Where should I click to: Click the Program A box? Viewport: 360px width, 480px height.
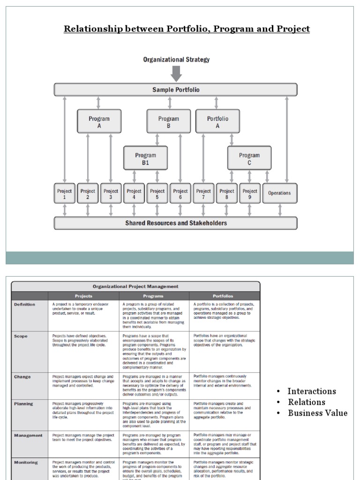click(x=99, y=122)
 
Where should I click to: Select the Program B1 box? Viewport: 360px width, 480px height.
click(x=145, y=158)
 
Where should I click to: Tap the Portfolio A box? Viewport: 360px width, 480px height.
click(x=217, y=122)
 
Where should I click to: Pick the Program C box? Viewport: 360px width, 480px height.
click(x=249, y=158)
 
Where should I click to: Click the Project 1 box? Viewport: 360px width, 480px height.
click(x=65, y=193)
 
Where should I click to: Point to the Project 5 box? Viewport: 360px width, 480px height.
click(x=157, y=193)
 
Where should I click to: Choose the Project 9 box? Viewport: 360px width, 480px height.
click(x=250, y=193)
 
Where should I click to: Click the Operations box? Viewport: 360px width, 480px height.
click(x=279, y=193)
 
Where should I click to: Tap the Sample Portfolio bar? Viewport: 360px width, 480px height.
click(x=175, y=90)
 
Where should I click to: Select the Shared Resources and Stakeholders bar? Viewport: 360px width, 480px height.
click(x=175, y=223)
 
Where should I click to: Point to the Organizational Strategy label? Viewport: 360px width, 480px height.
click(x=176, y=60)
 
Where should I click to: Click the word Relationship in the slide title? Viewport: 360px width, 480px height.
click(x=90, y=29)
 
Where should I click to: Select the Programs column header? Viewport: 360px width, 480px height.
click(x=154, y=296)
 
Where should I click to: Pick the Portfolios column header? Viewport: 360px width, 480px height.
click(x=224, y=296)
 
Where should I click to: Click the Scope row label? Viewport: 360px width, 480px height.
click(x=21, y=336)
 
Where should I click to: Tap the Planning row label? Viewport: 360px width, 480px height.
click(x=24, y=404)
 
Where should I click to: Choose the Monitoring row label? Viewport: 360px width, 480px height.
click(x=26, y=462)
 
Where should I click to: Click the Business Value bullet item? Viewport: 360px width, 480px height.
click(x=317, y=413)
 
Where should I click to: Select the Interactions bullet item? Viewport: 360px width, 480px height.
click(x=312, y=391)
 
